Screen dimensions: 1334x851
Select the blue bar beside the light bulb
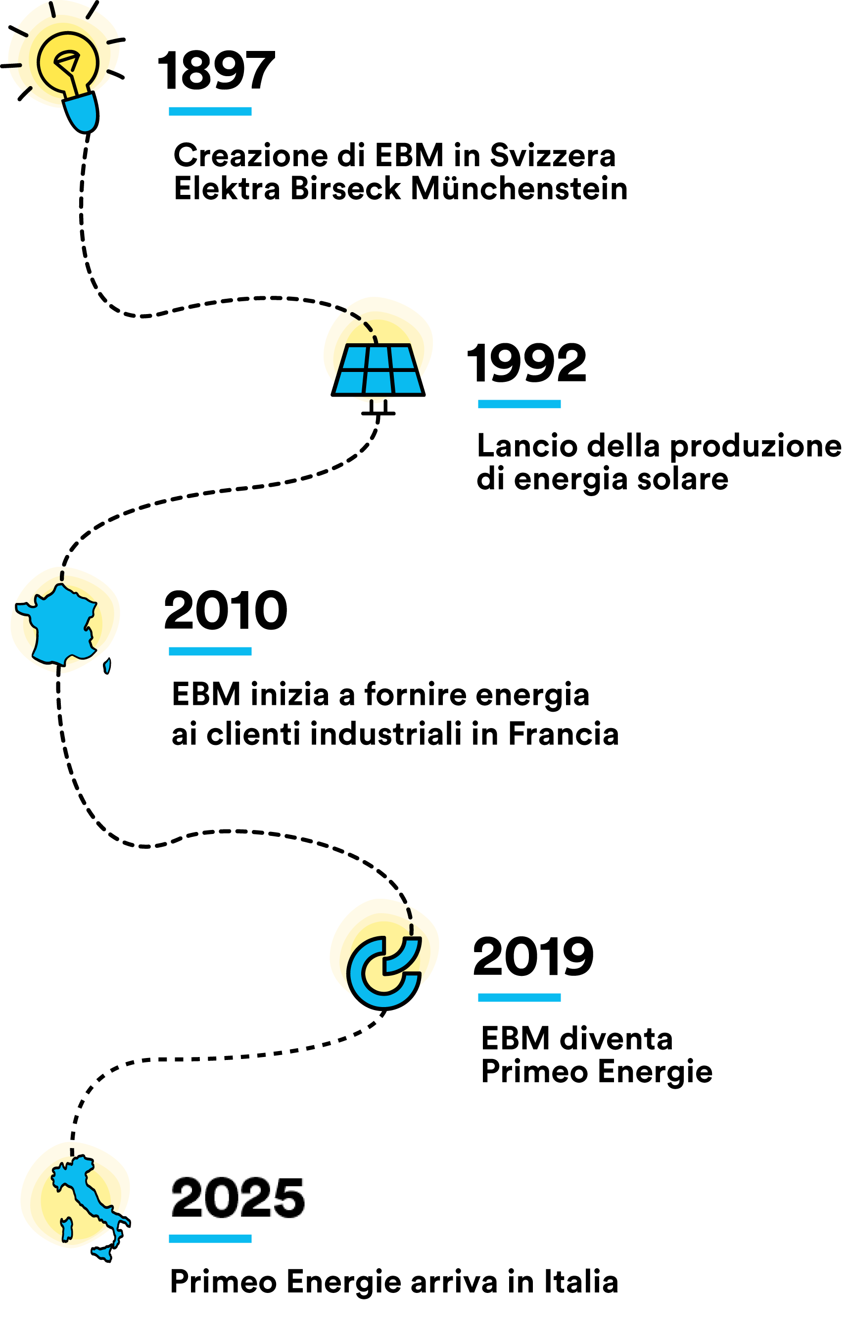[210, 111]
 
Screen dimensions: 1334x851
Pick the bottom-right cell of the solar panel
[407, 382]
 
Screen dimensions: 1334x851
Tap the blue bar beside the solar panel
[519, 404]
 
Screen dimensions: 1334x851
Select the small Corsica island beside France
[107, 666]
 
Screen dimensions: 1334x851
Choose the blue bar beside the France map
[210, 651]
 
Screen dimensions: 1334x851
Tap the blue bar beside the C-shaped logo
[519, 998]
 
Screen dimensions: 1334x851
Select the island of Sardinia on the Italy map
[67, 1229]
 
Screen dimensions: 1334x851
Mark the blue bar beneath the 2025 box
[210, 1239]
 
